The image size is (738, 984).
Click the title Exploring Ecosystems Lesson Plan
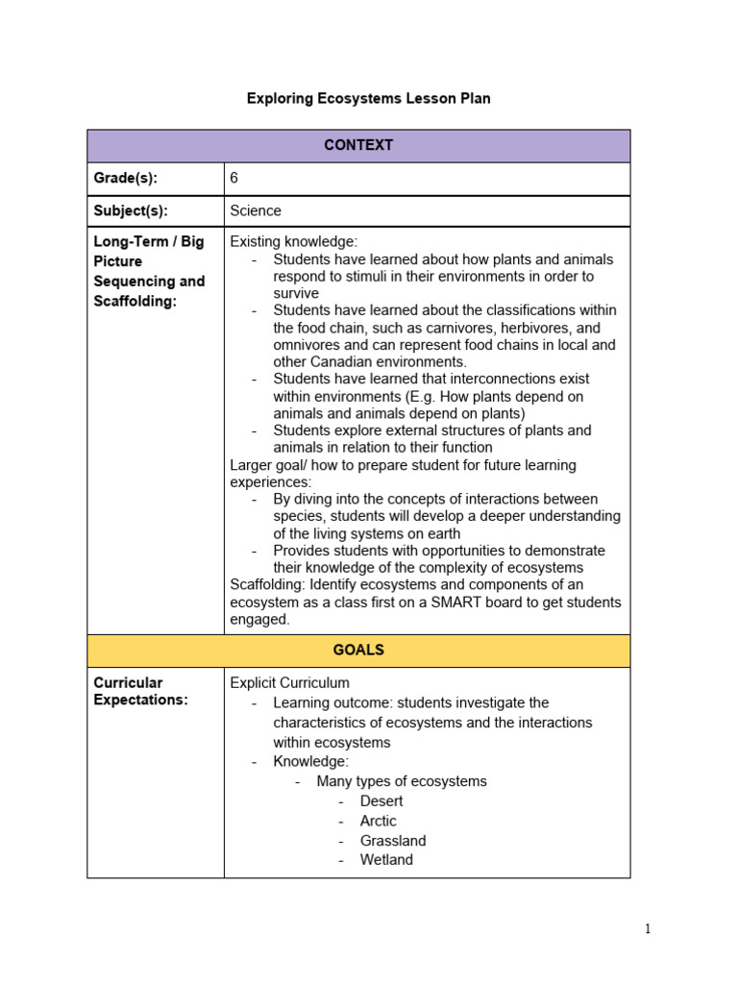368,99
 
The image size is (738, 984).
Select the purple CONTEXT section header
358,146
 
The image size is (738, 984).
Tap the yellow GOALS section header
358,651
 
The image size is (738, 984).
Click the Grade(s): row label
125,179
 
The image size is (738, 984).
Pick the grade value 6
234,179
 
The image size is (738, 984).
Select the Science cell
256,210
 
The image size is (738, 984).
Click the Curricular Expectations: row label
140,691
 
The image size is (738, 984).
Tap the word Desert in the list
381,801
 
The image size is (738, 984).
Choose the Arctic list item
378,822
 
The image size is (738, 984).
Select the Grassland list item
393,841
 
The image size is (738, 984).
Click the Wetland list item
386,860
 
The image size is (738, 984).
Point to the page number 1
648,929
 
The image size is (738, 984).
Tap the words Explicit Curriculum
289,683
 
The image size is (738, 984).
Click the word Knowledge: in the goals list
310,762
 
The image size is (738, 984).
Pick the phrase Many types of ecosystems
402,781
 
